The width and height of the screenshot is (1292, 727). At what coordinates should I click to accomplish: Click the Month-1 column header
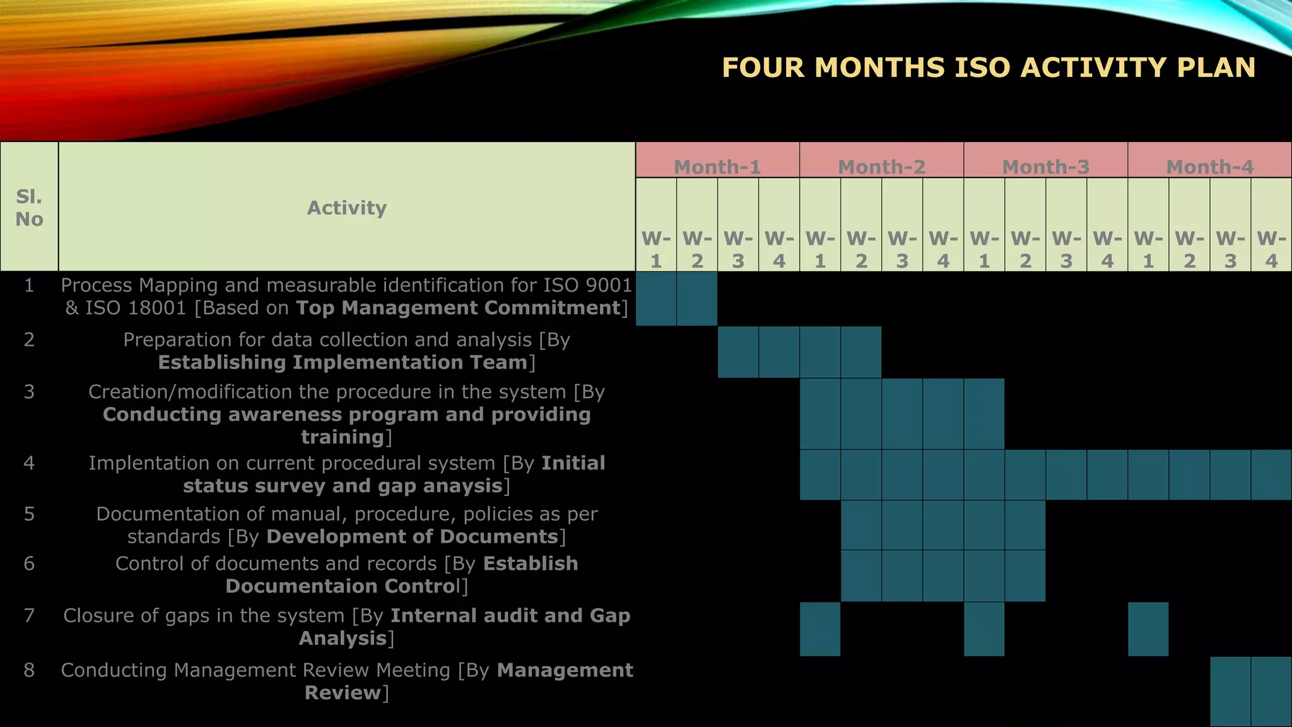coord(717,166)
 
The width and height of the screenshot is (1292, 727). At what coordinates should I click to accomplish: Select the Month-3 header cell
coord(1045,166)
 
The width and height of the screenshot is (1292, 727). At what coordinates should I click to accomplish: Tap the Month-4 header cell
coord(1209,166)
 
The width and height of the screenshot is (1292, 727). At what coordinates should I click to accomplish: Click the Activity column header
coord(346,208)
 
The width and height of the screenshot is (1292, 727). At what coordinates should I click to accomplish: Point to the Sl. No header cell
coord(29,208)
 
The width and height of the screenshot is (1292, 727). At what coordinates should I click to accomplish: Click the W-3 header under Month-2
coord(902,249)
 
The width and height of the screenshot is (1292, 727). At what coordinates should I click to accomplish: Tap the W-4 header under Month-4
coord(1271,249)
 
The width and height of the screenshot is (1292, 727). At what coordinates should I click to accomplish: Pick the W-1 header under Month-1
coord(656,249)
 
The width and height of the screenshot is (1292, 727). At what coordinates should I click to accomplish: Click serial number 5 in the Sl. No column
coord(29,514)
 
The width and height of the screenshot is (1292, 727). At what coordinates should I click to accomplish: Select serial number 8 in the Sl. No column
coord(29,670)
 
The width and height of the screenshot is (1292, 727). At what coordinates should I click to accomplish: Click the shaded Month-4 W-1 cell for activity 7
coord(1148,629)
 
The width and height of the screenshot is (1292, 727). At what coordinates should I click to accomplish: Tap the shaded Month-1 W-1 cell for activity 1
coord(656,298)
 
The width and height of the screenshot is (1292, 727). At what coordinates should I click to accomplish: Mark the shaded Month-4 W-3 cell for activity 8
coord(1230,691)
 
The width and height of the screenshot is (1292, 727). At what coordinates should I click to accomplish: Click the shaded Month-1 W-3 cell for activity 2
coord(738,352)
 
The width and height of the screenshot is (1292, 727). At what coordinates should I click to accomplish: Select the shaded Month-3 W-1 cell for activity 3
coord(984,413)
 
